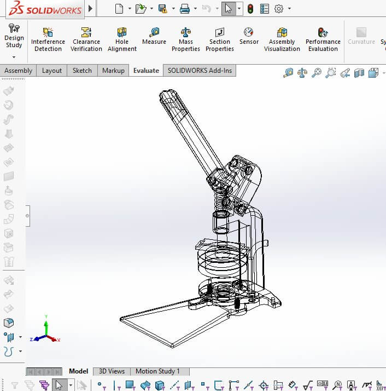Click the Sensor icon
coord(249,36)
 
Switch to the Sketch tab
coord(83,70)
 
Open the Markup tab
coord(113,70)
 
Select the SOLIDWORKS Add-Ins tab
coord(200,70)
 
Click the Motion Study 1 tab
coord(157,371)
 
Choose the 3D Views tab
coord(112,371)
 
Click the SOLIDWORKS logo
coord(42,9)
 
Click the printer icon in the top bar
coord(185,9)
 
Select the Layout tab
coord(52,70)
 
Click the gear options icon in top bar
coord(279,9)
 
